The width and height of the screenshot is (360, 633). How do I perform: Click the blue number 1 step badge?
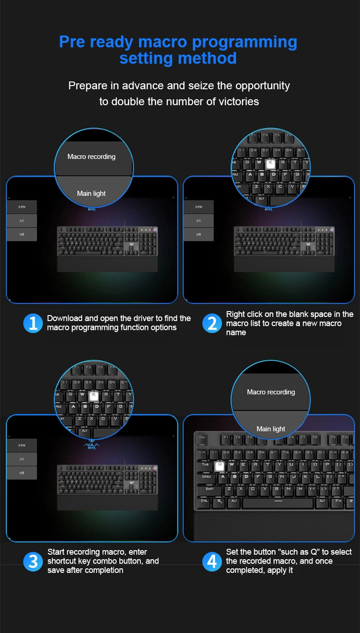click(33, 323)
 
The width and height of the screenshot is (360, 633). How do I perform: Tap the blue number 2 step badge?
click(212, 323)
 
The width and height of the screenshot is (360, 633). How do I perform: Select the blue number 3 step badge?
click(33, 561)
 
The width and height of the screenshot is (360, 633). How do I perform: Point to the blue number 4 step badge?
click(212, 561)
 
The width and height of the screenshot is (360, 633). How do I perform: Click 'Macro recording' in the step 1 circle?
click(92, 157)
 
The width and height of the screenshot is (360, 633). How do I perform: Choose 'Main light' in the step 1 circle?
click(91, 193)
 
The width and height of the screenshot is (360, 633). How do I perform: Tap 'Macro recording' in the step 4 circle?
click(271, 392)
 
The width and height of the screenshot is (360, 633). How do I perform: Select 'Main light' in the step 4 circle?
click(271, 429)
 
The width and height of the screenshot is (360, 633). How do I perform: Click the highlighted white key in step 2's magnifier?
click(271, 163)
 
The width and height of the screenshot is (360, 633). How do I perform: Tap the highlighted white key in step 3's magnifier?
click(94, 396)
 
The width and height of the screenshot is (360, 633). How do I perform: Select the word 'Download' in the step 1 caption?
click(65, 318)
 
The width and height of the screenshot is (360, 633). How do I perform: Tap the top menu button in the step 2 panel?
click(198, 207)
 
